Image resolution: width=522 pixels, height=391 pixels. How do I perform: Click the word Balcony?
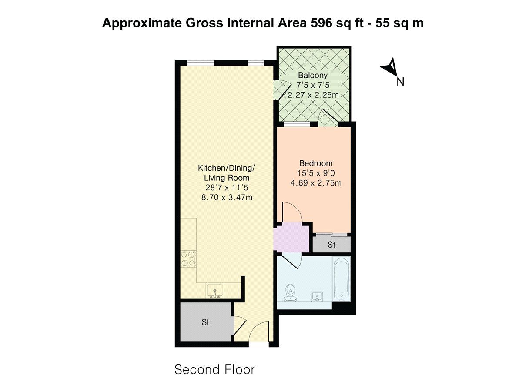312,75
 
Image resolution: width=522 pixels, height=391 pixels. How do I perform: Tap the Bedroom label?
316,163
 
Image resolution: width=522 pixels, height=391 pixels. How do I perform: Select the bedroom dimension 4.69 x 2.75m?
316,183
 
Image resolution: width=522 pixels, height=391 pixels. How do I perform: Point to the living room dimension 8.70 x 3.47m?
227,197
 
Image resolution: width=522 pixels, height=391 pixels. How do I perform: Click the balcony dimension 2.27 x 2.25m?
313,95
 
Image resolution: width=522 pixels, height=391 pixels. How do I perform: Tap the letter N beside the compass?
401,82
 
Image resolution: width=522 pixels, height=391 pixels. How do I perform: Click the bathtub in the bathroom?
341,279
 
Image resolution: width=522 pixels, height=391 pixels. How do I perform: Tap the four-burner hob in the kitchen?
188,259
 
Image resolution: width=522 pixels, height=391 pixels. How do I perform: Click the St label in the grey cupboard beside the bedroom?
331,245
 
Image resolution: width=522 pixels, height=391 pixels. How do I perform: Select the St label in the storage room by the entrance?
205,322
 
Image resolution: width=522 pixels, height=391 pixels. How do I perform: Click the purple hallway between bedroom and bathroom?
291,239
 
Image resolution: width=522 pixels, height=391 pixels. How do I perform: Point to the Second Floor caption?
214,370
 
